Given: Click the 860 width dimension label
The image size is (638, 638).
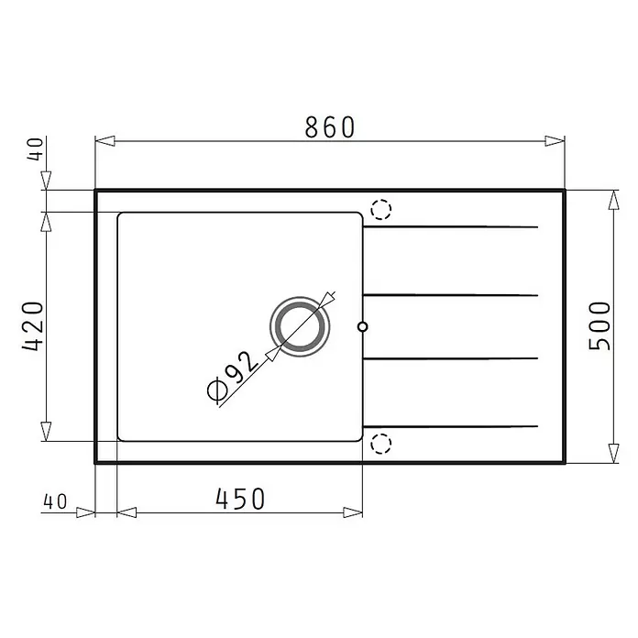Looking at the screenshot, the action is (x=330, y=126).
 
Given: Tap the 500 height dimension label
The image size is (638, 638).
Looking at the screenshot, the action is (x=599, y=326).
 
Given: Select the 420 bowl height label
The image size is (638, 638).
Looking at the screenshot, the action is (x=33, y=326).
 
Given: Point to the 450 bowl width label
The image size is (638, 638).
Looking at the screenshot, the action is (x=240, y=499).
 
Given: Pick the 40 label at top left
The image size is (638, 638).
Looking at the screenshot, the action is (x=36, y=149).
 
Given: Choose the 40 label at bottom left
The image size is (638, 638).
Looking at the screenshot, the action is (x=55, y=501).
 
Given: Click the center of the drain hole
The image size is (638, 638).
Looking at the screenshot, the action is (x=300, y=326).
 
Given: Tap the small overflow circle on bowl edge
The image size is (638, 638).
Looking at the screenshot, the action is (x=362, y=326).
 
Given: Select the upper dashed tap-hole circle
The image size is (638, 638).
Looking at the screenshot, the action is (x=381, y=210).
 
